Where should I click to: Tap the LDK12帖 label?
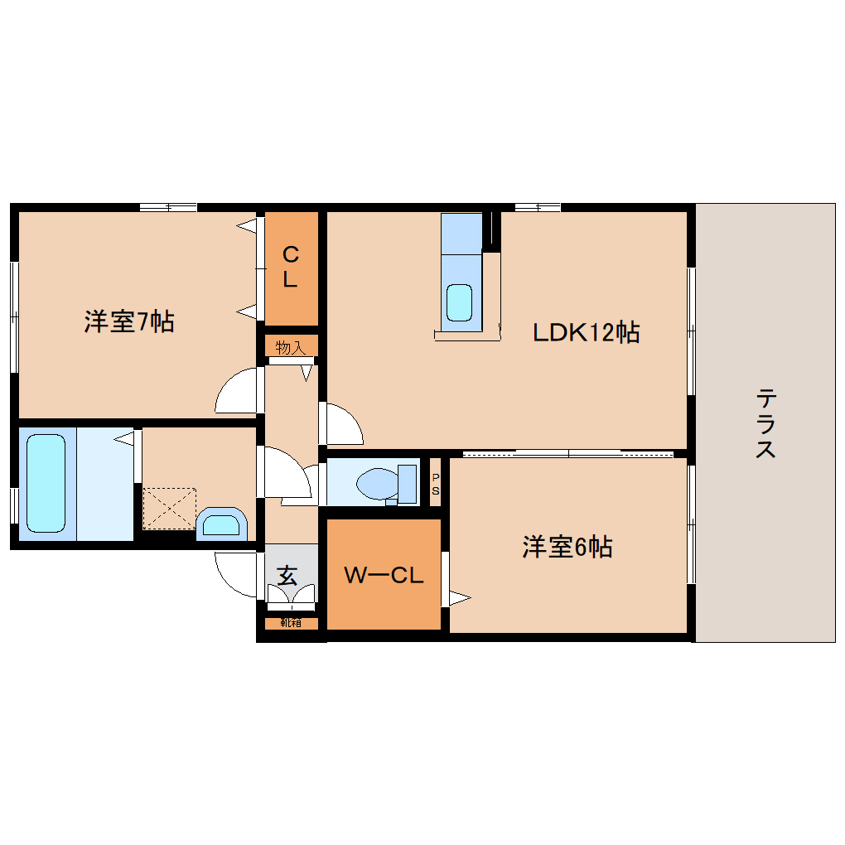[585, 333]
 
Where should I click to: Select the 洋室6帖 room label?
[567, 547]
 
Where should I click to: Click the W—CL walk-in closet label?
[384, 575]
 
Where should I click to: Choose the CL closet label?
[290, 267]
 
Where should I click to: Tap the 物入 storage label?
[290, 347]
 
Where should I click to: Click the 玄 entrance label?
[287, 574]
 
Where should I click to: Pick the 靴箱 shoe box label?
[290, 623]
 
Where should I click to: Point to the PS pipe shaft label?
[436, 484]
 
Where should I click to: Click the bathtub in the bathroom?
[46, 484]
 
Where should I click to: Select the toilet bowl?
[376, 483]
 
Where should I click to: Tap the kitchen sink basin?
[460, 302]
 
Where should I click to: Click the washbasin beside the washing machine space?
[221, 524]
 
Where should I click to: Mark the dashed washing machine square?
[170, 508]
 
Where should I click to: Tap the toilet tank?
[407, 483]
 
